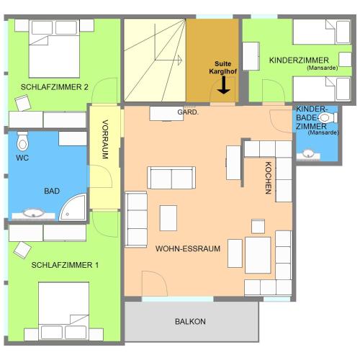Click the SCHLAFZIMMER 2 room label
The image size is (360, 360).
pos(55,87)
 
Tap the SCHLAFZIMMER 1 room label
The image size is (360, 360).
pos(65,265)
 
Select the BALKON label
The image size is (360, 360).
pos(190,321)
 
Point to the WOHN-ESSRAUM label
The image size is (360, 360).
pos(188,248)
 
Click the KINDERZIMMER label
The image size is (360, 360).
pos(299,60)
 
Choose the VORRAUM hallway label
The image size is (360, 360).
pos(105,139)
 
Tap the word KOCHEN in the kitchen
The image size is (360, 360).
pos(268,178)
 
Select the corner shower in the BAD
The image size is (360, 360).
pos(73,207)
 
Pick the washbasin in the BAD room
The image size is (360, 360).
pos(33,213)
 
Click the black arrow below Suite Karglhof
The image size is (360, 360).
pos(224,85)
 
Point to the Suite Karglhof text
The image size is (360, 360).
pos(223,68)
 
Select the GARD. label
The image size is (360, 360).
pos(188,112)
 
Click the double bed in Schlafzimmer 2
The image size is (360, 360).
pos(54,49)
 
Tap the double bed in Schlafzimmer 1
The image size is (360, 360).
pos(63,311)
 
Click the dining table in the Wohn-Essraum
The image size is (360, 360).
pos(258,255)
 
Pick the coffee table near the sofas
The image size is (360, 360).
pos(168,218)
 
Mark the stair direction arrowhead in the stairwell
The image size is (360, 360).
pos(179,60)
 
